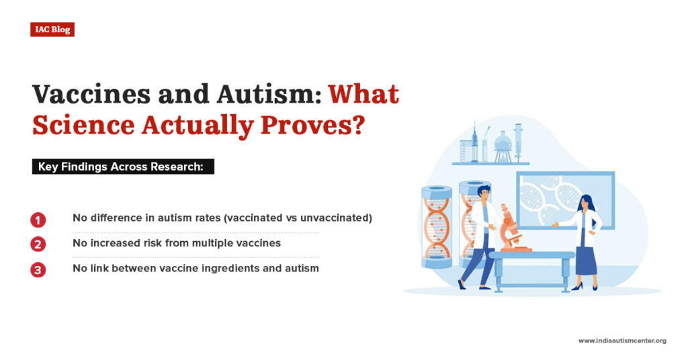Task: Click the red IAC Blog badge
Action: tap(52, 30)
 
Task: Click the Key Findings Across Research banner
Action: tap(123, 167)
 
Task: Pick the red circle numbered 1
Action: tap(38, 220)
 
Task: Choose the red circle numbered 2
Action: tap(38, 244)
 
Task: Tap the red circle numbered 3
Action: tap(38, 269)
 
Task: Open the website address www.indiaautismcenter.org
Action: tap(622, 341)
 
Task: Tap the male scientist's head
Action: tap(484, 192)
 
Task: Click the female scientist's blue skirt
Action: tap(586, 259)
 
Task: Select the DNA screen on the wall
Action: tap(564, 199)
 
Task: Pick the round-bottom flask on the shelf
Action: tap(502, 142)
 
